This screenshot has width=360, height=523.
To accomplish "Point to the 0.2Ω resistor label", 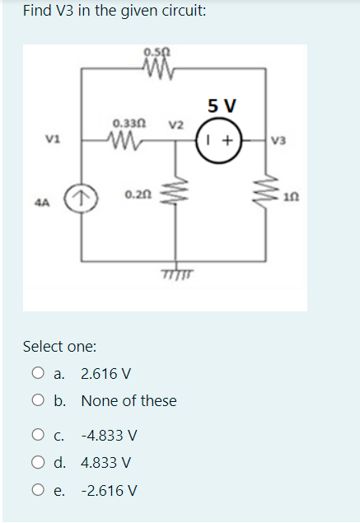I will click(x=137, y=194).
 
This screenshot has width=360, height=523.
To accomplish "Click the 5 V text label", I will click(x=222, y=106).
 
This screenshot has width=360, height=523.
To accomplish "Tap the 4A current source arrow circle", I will click(x=81, y=198).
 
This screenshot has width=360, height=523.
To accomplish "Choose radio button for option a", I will click(x=39, y=374).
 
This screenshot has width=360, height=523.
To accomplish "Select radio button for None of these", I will click(x=39, y=401).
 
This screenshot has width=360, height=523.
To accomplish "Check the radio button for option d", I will click(x=39, y=462).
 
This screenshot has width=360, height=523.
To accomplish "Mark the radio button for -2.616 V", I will click(x=39, y=491).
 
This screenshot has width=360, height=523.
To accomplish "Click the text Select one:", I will click(x=59, y=346).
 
